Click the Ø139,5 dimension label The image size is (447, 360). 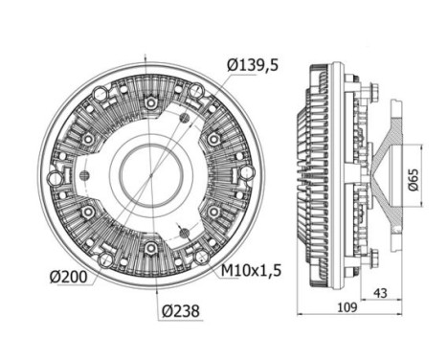[252, 65]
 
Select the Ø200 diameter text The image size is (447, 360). [71, 278]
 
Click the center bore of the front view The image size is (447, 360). [150, 174]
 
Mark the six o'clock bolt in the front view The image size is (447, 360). [150, 249]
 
